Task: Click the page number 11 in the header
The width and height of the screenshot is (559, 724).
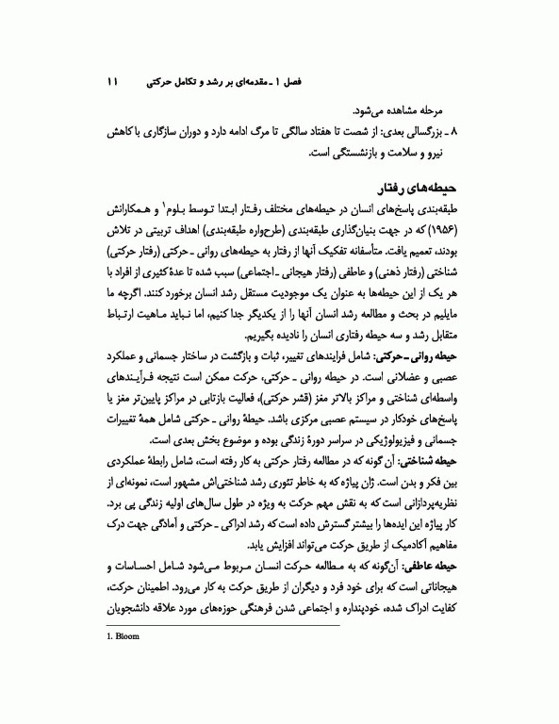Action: (111, 83)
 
